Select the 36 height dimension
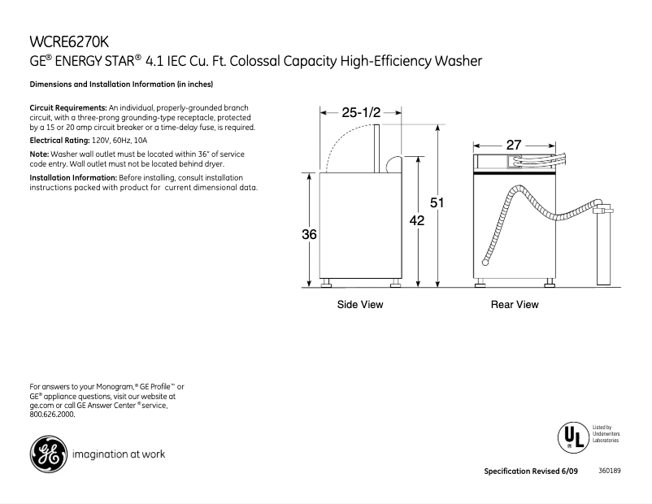pos(309,234)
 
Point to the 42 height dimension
pos(417,219)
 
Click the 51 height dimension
pos(437,203)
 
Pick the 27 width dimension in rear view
pos(514,145)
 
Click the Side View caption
pos(360,305)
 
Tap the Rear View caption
pos(514,305)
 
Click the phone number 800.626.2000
pos(52,414)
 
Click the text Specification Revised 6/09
pos(532,471)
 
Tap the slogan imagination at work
pos(119,454)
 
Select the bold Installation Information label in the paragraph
pos(73,177)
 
